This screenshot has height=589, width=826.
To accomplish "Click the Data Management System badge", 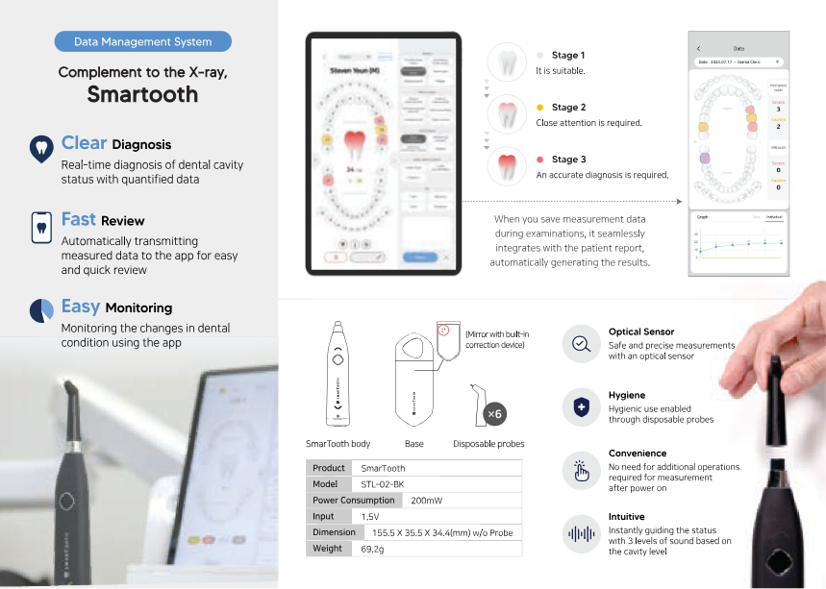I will pos(142,41).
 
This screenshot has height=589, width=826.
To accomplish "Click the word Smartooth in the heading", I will pos(142,94).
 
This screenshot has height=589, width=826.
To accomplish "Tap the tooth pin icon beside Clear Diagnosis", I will pos(40,147).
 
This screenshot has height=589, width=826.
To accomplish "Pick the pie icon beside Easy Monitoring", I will pos(41,309).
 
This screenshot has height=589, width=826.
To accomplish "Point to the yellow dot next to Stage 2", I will pos(540,108).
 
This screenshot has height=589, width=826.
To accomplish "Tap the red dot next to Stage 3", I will pos(540,160).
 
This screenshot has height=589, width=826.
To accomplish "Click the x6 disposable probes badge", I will pos(493,414).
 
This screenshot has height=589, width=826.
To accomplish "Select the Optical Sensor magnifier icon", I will pos(582,344).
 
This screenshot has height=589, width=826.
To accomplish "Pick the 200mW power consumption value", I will pos(427,501).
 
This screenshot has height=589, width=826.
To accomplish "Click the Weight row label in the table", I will pos(327,548).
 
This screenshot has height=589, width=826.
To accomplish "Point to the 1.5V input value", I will pos(370,516).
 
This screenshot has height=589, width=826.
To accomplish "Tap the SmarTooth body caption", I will pos(338,444).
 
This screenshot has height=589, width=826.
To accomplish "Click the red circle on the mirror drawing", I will pos(444,330).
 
